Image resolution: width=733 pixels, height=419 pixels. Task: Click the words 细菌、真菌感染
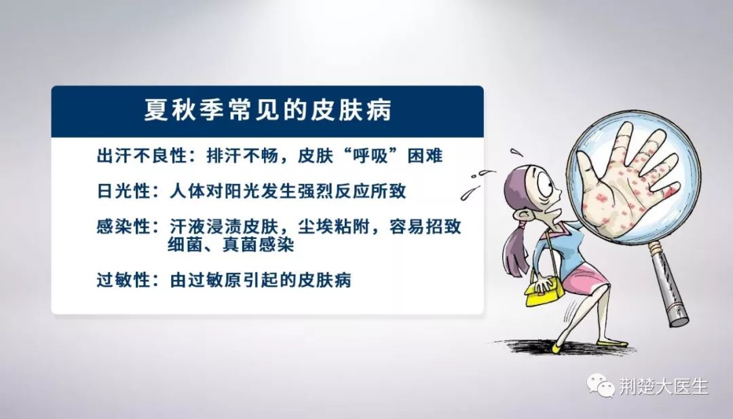click(231, 244)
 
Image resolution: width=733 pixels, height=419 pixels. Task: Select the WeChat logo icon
click(601, 385)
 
